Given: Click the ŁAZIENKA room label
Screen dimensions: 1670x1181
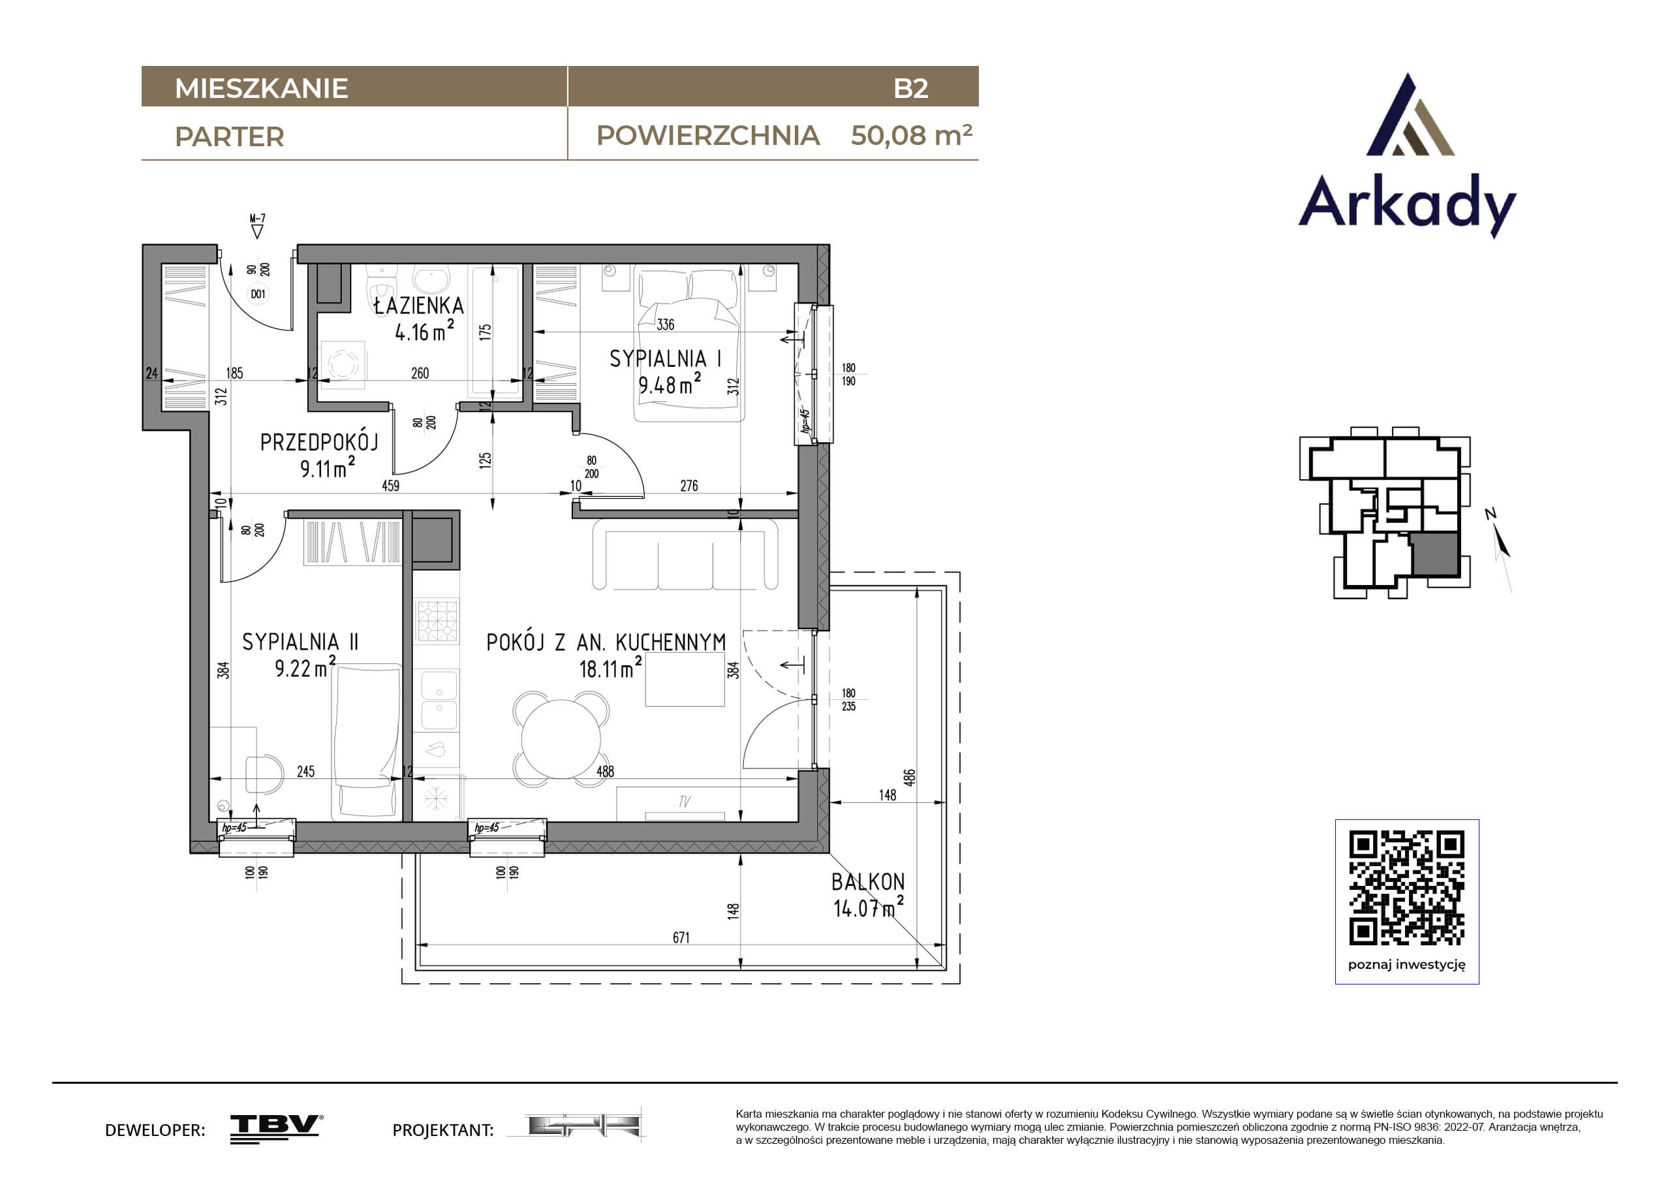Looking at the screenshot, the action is [x=418, y=306].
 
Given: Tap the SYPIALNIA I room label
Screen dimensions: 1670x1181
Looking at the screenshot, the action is [x=666, y=358].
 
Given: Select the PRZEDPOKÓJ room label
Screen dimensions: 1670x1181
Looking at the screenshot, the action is [x=319, y=442].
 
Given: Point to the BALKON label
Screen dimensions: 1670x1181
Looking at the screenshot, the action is [x=869, y=882].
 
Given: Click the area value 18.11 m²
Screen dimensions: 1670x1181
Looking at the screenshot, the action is [x=610, y=667].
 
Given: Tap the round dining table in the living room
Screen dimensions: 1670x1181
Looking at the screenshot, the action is [x=561, y=738].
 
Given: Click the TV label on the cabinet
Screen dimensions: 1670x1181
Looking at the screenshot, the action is [x=684, y=801].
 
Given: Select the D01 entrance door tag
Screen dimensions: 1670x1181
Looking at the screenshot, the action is [x=258, y=294].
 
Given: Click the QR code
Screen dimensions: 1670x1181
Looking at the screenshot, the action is [x=1407, y=888].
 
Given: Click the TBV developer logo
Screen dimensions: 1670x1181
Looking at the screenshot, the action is [x=277, y=1129].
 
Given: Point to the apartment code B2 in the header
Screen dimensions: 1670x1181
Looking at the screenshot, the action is [x=910, y=88].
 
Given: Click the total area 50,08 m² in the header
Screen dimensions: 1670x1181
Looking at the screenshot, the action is [x=912, y=134].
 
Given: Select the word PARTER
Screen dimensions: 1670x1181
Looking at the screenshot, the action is [x=229, y=137].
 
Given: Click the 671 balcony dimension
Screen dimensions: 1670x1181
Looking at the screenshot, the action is [x=681, y=937].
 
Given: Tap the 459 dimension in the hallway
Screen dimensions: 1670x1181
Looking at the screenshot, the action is [x=391, y=485].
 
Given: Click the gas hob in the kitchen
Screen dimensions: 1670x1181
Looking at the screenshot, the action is [x=437, y=621].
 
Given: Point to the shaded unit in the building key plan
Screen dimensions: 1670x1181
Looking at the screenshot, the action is [x=1436, y=554].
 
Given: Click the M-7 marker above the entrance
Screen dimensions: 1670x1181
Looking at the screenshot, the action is [x=258, y=218].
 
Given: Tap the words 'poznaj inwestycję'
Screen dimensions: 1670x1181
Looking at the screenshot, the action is [x=1407, y=965].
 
